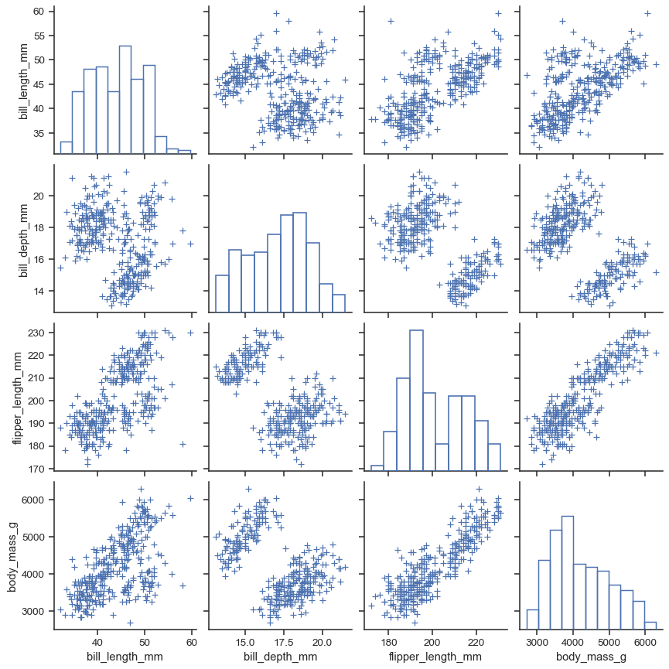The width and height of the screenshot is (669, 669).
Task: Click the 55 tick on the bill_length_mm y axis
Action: point(39,36)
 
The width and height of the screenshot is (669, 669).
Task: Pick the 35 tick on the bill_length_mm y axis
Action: point(39,132)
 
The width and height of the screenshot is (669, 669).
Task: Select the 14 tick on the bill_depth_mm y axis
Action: point(39,291)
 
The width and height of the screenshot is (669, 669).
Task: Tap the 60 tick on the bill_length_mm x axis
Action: point(191,641)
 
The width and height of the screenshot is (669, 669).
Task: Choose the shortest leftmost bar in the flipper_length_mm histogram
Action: point(377,467)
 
